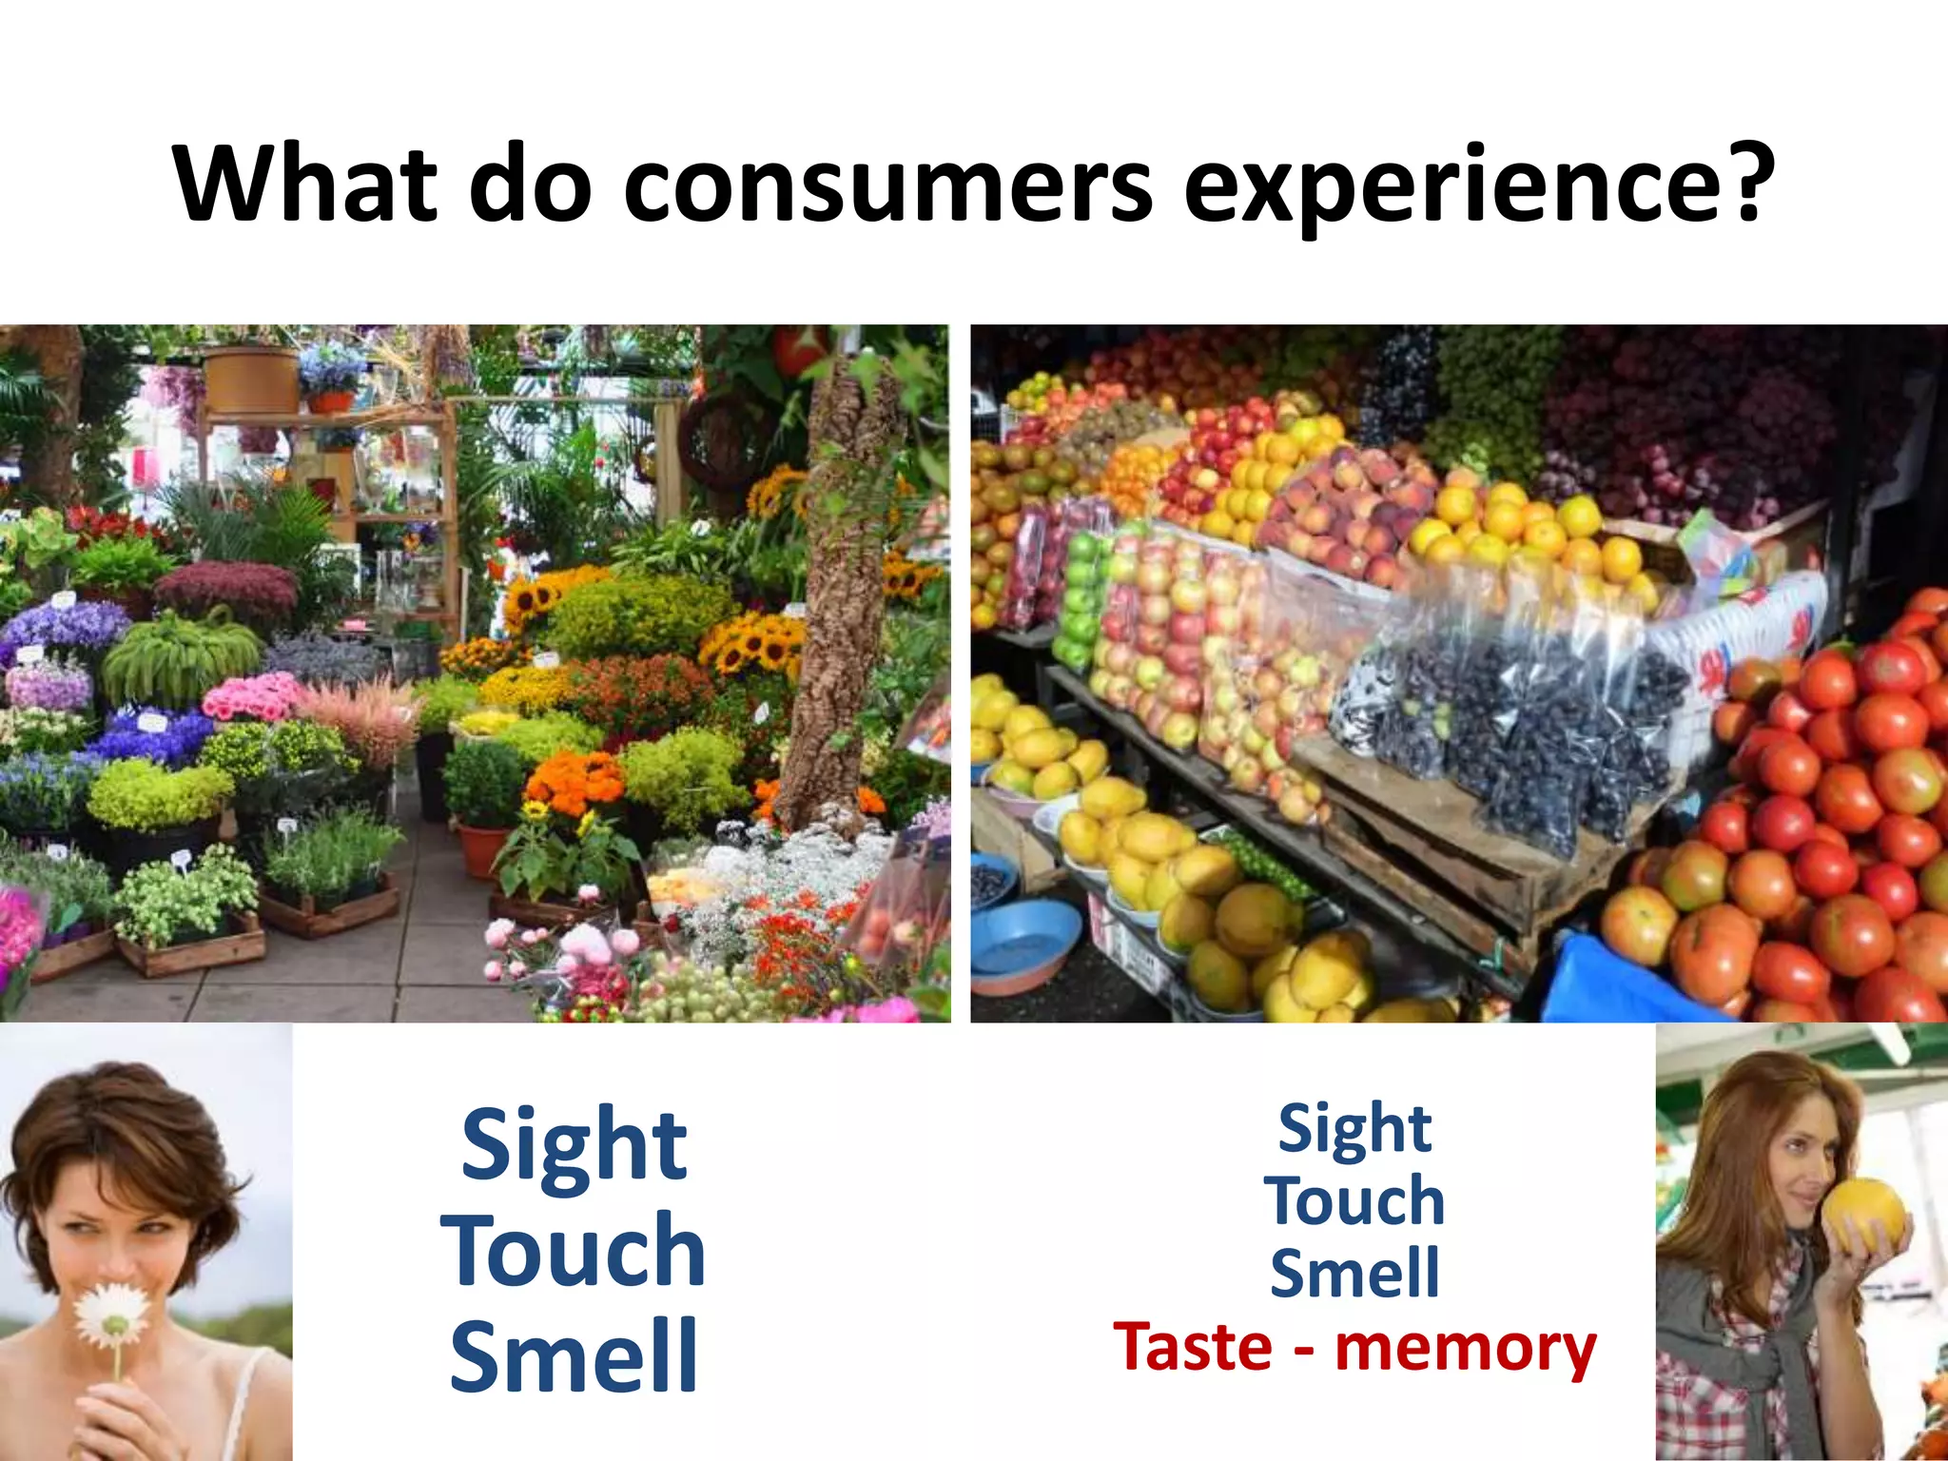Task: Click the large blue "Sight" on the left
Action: pos(574,1146)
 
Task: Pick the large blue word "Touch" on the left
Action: pos(574,1252)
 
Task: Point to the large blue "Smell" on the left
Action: pos(574,1357)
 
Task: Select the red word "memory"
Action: pos(1465,1349)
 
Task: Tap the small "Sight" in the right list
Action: pos(1354,1129)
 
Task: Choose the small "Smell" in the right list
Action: pos(1354,1275)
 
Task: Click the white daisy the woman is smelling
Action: pos(112,1317)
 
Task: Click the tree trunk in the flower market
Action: pos(837,590)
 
